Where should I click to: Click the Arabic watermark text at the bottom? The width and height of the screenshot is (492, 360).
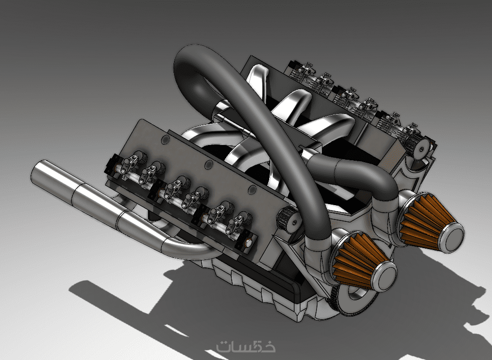click(x=246, y=346)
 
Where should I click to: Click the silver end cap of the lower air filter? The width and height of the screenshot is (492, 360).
click(x=385, y=277)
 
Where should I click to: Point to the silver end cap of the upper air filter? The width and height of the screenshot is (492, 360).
click(x=452, y=238)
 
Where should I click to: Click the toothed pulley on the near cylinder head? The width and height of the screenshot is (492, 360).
click(x=288, y=219)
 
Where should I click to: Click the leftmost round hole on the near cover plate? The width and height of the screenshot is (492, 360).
click(x=165, y=140)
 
